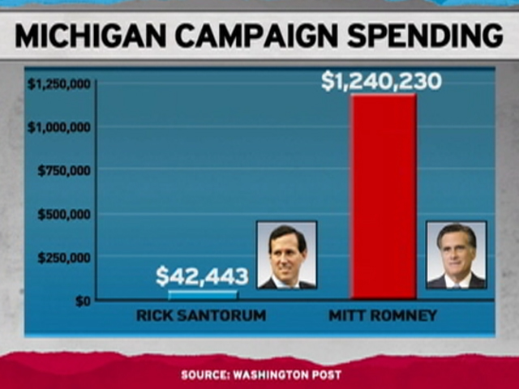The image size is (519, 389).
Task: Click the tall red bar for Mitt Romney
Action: (x=384, y=197)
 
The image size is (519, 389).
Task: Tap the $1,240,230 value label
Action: (x=381, y=82)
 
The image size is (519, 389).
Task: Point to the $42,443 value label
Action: (x=202, y=276)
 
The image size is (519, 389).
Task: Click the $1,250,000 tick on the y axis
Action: (x=58, y=84)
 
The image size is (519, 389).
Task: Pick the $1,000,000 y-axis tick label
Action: (x=58, y=127)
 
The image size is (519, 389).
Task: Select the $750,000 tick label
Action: (x=63, y=171)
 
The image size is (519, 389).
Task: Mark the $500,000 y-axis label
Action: (x=63, y=215)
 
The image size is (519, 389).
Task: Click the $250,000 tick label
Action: (x=63, y=258)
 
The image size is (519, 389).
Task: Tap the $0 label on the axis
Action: (x=82, y=301)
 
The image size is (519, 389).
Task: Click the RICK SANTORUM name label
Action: (x=201, y=315)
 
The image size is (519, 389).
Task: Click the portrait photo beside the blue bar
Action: (x=286, y=254)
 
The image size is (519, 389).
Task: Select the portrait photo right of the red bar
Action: (x=456, y=254)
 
